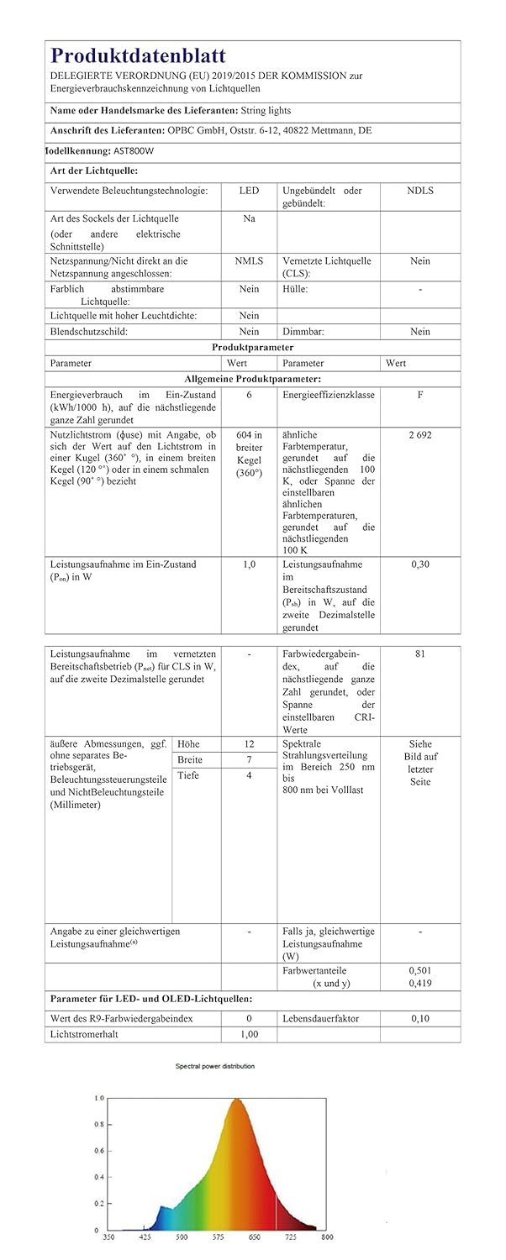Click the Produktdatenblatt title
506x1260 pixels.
coord(138,56)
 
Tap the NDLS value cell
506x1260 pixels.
coord(419,191)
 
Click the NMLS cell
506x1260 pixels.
coord(249,261)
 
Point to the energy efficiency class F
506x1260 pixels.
coord(419,394)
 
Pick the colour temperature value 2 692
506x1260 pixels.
coord(419,435)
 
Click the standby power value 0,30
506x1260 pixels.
coord(419,564)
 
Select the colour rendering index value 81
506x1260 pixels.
coord(419,653)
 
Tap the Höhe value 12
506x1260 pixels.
coord(249,744)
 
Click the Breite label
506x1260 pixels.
coord(190,759)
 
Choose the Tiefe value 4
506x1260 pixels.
coord(249,775)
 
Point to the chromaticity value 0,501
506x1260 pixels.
coord(419,970)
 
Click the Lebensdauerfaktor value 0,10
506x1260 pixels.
coord(419,1019)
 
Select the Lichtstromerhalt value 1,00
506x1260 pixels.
coord(249,1035)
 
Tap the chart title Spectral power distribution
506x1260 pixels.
coord(214,1066)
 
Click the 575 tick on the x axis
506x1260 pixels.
coord(217,1236)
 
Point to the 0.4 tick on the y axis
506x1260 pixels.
coord(99,1177)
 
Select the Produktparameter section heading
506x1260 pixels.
coord(252,347)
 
